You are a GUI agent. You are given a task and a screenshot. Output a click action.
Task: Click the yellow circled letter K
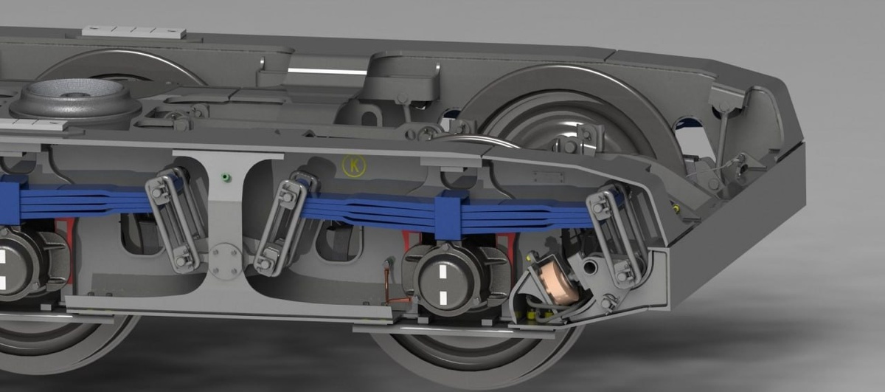354,166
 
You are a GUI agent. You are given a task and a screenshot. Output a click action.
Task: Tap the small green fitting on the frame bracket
226,177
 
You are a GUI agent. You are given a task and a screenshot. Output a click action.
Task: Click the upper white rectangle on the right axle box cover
444,272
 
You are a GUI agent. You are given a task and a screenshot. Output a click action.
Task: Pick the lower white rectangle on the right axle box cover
443,298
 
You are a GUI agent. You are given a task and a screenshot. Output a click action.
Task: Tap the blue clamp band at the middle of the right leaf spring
448,215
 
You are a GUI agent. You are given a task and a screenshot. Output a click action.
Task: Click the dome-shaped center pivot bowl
75,102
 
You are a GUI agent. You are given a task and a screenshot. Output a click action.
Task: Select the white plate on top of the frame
133,32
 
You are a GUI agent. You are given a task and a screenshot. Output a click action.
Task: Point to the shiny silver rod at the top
327,71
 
